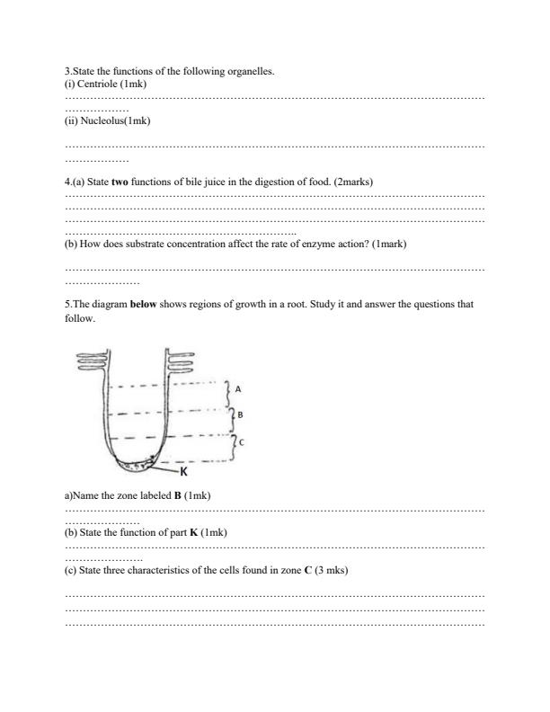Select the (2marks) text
(x=353, y=182)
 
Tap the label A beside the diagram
(x=237, y=388)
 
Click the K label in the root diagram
(x=183, y=471)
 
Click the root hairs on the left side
(x=93, y=361)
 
